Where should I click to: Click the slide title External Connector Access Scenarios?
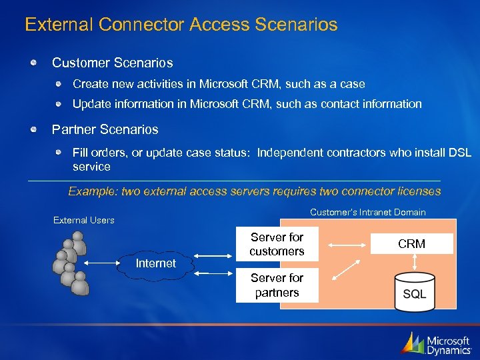181,25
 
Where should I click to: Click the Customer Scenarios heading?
112,63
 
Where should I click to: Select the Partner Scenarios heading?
105,129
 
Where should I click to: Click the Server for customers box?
277,245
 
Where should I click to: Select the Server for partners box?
277,286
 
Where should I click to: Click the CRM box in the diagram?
411,244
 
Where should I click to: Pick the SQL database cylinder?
413,291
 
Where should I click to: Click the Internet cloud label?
155,263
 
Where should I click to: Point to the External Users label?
83,220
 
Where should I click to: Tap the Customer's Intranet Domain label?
367,212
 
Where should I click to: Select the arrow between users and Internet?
101,263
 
